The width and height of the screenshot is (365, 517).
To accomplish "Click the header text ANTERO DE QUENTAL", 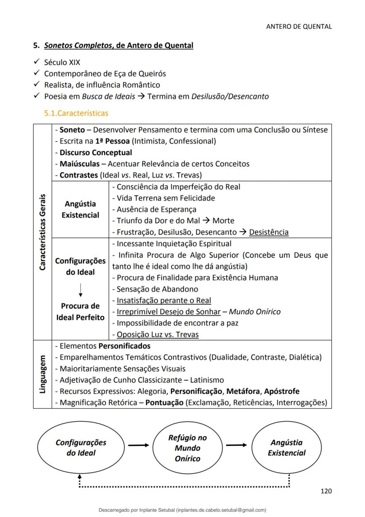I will tap(299, 26).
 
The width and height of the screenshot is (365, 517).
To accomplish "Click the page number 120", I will tap(326, 491).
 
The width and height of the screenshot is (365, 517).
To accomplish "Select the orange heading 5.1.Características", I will tap(76, 113).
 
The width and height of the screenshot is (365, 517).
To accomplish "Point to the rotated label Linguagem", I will tap(43, 374).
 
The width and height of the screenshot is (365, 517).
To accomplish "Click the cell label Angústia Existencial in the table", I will tap(80, 209).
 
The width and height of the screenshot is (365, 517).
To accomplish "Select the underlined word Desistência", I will tap(269, 232).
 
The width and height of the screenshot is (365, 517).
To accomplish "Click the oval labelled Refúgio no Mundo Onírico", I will tap(187, 448).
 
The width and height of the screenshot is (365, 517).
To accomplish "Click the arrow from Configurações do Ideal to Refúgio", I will tap(139, 445).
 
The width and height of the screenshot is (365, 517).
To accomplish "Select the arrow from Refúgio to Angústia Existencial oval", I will tap(238, 445).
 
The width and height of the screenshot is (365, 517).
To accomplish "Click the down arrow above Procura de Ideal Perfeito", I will tap(81, 289).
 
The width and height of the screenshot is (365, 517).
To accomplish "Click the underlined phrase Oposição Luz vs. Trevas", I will tap(157, 335).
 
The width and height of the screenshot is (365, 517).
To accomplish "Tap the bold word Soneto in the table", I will tap(72, 130).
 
